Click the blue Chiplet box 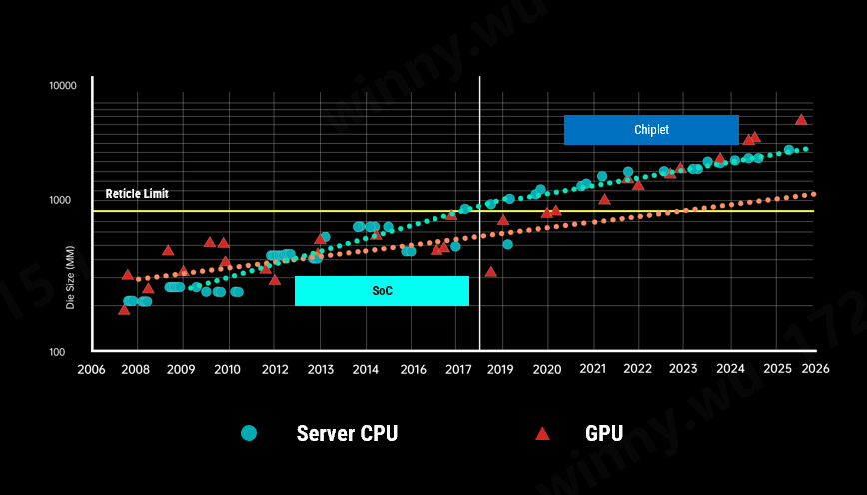tap(651, 130)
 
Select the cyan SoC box tap(382, 291)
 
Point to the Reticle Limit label tap(137, 194)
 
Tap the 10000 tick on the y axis tap(63, 87)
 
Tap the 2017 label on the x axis tap(458, 370)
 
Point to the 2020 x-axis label tap(548, 370)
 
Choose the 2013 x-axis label tap(320, 370)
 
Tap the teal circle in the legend tap(249, 433)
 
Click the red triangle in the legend tap(542, 433)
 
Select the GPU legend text tap(603, 434)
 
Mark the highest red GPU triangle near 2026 tap(801, 119)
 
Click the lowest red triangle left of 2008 tap(124, 309)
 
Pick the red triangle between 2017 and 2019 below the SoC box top tap(490, 271)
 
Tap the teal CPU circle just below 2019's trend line tap(507, 244)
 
